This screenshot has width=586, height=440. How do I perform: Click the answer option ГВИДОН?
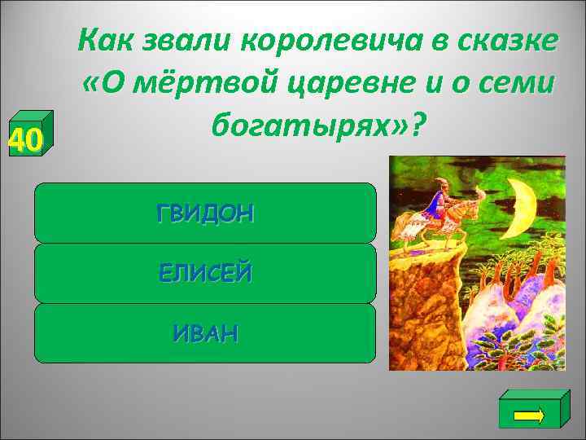click(205, 213)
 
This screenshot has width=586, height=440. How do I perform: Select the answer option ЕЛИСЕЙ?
click(205, 274)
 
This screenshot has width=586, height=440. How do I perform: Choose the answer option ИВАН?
click(205, 333)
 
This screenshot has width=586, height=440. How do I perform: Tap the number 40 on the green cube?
click(24, 142)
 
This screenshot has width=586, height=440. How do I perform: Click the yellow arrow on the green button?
click(530, 413)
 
